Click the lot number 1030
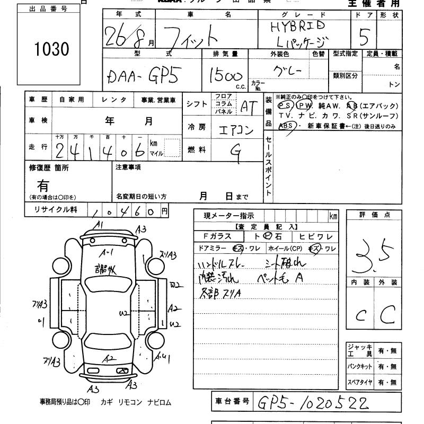[51, 49]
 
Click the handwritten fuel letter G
[237, 153]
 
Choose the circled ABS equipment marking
[286, 126]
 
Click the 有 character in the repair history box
[43, 185]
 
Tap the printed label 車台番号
[231, 401]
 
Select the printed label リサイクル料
[56, 210]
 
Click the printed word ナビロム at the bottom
[160, 402]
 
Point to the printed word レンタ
[114, 100]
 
